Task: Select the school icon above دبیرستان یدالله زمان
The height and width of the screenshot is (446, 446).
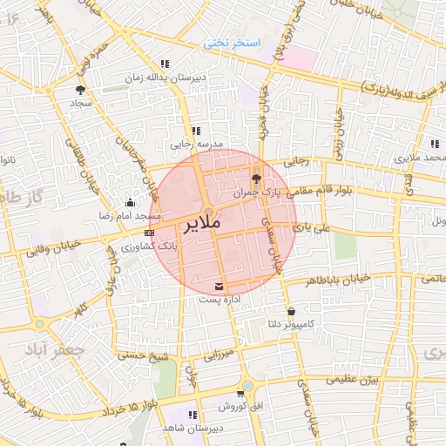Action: (164, 64)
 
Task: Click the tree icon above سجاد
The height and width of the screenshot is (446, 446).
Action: (80, 89)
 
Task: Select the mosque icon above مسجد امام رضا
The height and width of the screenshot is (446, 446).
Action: (130, 201)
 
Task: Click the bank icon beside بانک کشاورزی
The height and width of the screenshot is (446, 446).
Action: (149, 233)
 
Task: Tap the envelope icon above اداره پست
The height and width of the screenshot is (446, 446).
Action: (218, 286)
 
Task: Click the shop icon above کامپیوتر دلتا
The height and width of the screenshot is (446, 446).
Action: (290, 311)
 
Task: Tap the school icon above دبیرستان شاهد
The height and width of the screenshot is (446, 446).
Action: (192, 415)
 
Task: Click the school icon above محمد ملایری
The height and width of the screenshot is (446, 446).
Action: (434, 145)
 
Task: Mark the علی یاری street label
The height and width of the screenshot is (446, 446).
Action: (314, 226)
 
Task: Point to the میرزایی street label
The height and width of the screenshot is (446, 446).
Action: (220, 354)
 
